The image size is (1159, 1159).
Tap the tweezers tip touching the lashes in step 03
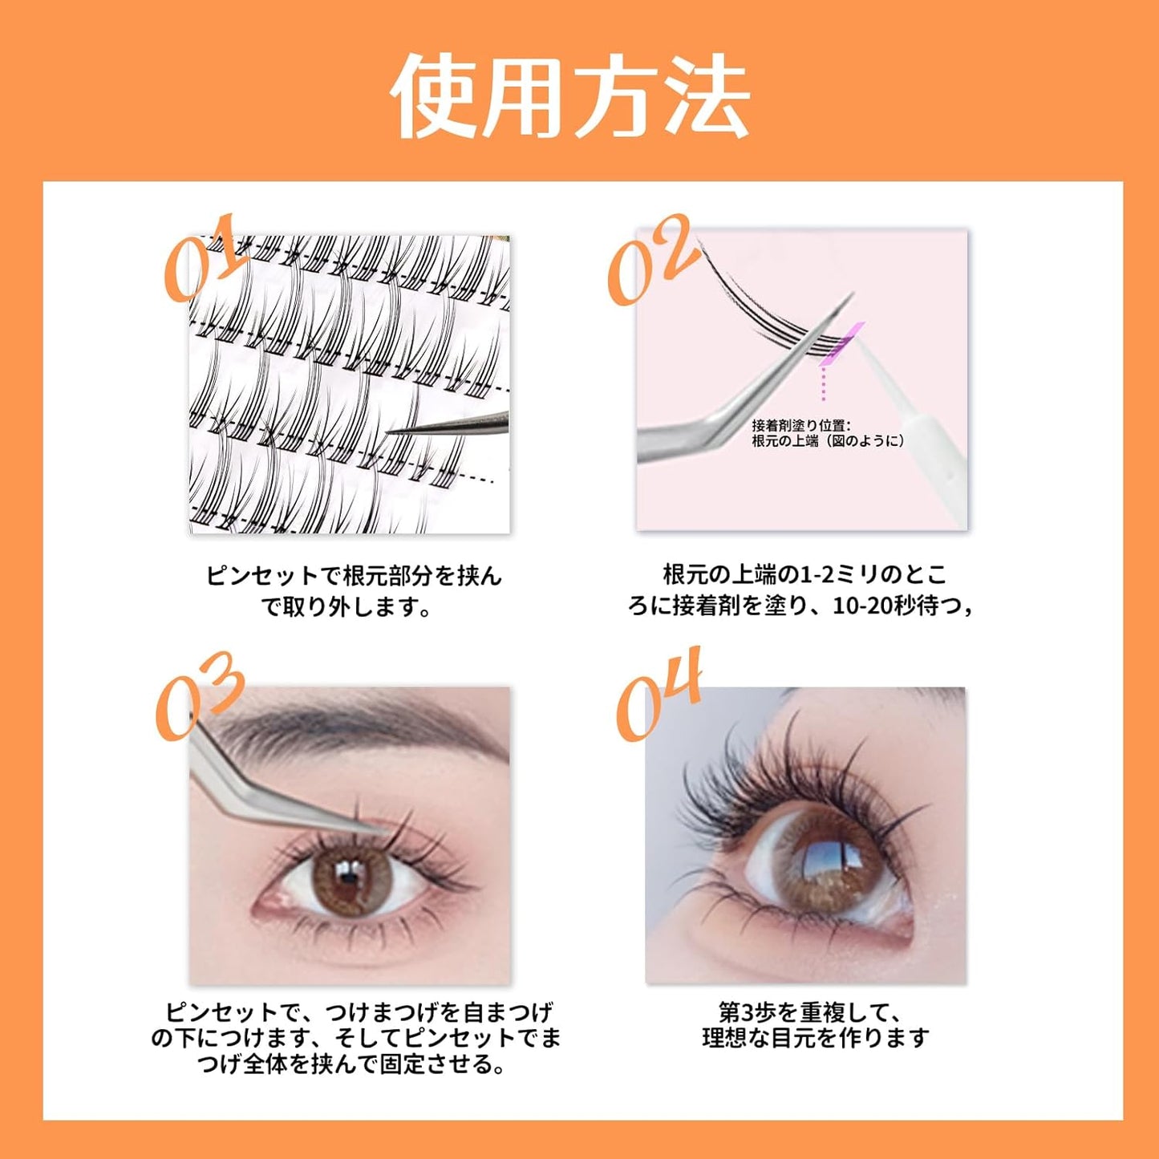tap(377, 829)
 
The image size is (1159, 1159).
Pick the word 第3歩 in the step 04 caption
tap(742, 1012)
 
